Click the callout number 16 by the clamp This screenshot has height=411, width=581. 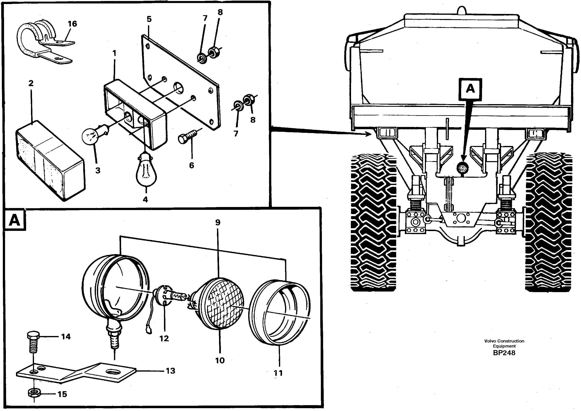(72, 24)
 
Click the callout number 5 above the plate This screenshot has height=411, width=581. (149, 19)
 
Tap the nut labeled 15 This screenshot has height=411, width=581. (33, 393)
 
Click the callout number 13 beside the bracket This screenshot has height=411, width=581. (170, 371)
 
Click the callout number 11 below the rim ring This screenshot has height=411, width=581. (278, 373)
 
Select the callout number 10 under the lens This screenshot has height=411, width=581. (220, 360)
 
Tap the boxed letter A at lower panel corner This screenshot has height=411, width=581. (14, 220)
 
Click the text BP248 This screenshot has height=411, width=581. (504, 353)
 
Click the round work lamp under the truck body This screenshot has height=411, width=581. (463, 167)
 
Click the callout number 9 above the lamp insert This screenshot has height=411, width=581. (218, 222)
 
